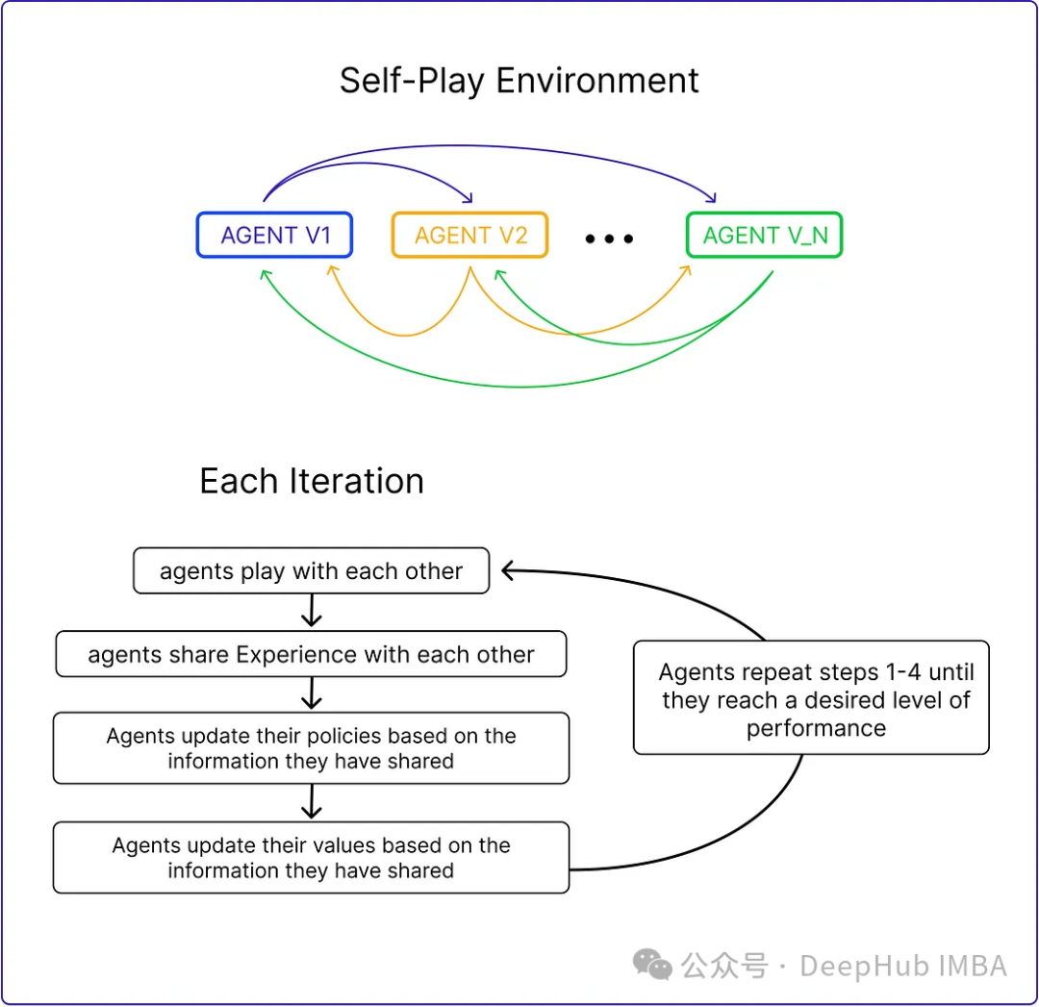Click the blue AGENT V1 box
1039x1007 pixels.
pyautogui.click(x=274, y=236)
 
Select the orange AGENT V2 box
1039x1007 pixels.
pyautogui.click(x=469, y=236)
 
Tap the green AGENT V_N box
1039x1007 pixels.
pyautogui.click(x=764, y=236)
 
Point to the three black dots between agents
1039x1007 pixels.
pyautogui.click(x=609, y=239)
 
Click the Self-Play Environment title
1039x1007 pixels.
pyautogui.click(x=519, y=81)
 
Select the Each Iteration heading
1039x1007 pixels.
pyautogui.click(x=311, y=481)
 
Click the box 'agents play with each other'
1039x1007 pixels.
pyautogui.click(x=311, y=571)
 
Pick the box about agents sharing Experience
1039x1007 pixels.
pyautogui.click(x=311, y=655)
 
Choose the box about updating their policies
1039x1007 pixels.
pyautogui.click(x=311, y=748)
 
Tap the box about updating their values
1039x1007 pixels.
pyautogui.click(x=311, y=857)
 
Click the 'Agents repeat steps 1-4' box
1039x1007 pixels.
pyautogui.click(x=811, y=698)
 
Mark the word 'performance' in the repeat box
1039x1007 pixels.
pyautogui.click(x=816, y=728)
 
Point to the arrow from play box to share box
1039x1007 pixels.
pyautogui.click(x=311, y=612)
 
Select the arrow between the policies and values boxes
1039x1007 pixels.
pyautogui.click(x=311, y=802)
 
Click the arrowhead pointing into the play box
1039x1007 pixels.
pyautogui.click(x=509, y=571)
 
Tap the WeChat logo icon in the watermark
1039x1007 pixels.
pyautogui.click(x=652, y=965)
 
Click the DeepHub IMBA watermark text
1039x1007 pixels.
pyautogui.click(x=902, y=966)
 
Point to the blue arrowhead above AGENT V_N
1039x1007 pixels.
pyautogui.click(x=711, y=197)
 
